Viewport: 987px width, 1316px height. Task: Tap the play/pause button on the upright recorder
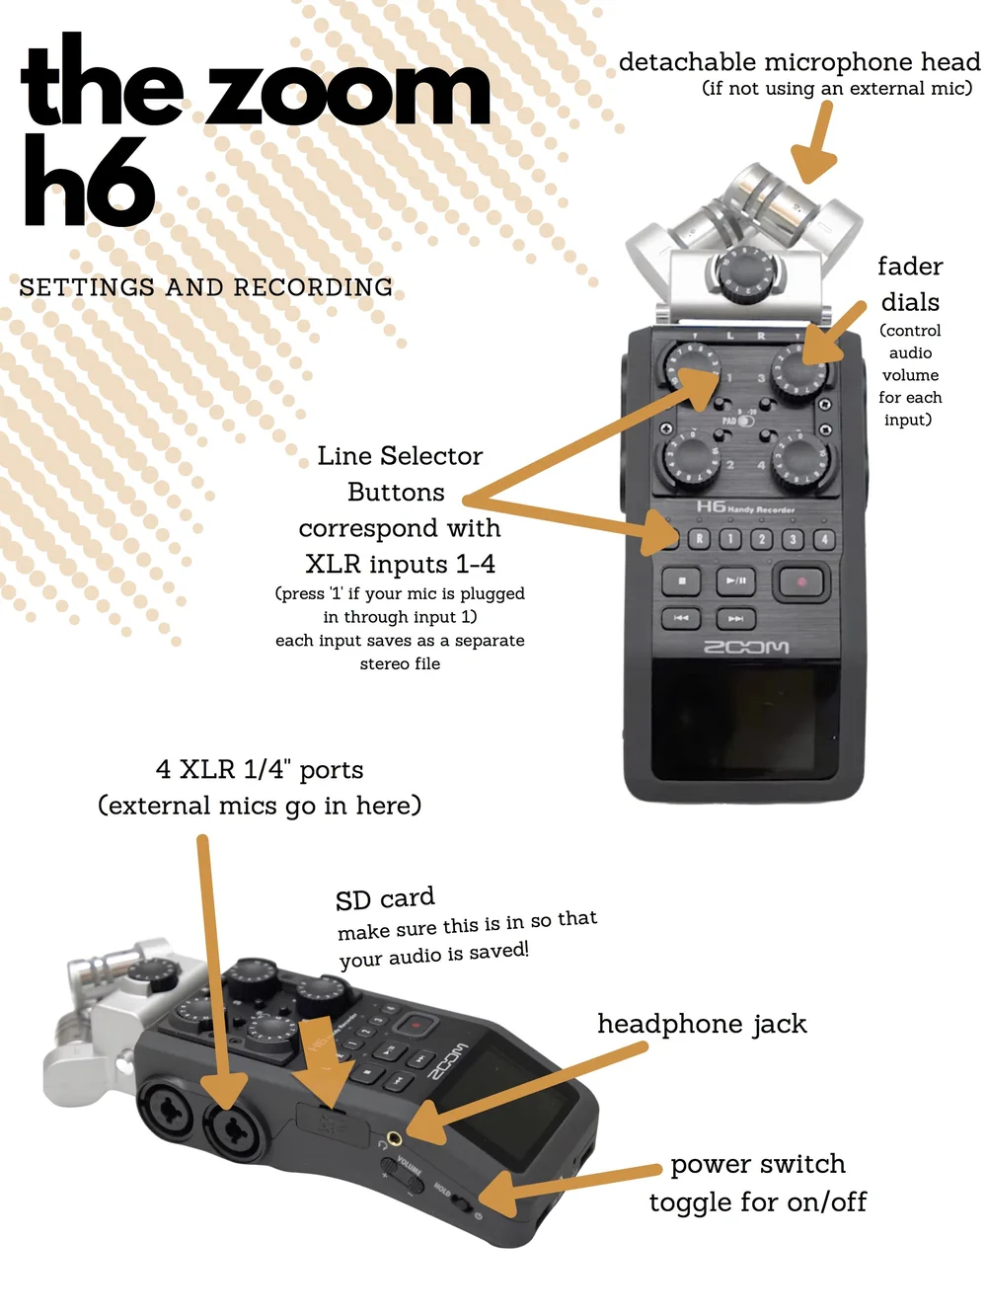[x=735, y=581]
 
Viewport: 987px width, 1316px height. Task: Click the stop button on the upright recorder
[x=681, y=581]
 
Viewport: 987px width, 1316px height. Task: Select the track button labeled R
[x=699, y=539]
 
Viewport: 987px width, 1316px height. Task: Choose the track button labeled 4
[x=824, y=539]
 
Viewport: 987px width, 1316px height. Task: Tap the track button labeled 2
[x=762, y=539]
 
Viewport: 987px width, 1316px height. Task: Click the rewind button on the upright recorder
[x=681, y=618]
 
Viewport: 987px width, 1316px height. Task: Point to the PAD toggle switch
[x=745, y=421]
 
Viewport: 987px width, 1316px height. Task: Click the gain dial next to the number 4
[x=801, y=460]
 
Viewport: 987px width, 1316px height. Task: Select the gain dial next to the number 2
[x=692, y=460]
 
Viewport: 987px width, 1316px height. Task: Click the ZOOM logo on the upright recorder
[x=746, y=647]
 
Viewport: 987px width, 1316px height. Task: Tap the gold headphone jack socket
[x=394, y=1136]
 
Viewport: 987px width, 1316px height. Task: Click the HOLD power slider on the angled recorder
[x=462, y=1200]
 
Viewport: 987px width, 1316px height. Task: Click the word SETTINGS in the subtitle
[x=87, y=287]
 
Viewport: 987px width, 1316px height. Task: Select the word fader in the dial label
[x=910, y=267]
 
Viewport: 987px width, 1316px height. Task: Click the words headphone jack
[x=702, y=1024]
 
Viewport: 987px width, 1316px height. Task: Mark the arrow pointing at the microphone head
[x=815, y=143]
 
